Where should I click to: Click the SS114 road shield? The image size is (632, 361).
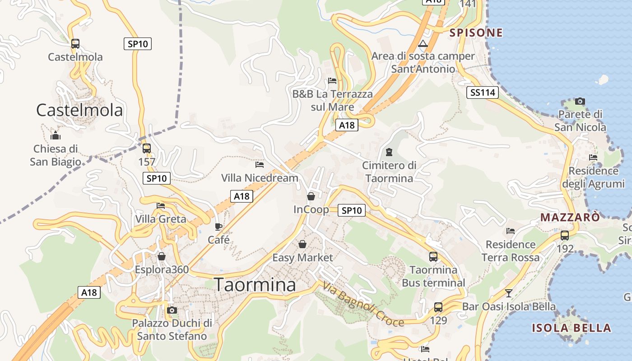point(483,93)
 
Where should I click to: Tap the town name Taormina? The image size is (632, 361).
point(255,285)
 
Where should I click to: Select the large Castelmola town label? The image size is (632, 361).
point(79,110)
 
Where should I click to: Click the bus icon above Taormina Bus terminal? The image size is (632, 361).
point(433,257)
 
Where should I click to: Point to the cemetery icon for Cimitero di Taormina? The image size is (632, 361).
point(389,152)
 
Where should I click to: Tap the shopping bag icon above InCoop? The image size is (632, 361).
point(311,196)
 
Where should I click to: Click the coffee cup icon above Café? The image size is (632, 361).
point(218,227)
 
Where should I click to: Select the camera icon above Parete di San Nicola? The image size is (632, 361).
point(580,101)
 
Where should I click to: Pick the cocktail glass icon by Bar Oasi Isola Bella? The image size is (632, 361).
point(509,293)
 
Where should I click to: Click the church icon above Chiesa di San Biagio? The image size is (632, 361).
point(56,135)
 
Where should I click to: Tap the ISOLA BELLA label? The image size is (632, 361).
point(571,328)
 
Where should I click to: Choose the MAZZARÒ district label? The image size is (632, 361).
point(570,217)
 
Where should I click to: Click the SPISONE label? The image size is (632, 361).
point(476,32)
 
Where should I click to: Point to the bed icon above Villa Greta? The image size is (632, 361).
point(161,206)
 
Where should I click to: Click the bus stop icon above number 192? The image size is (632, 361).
point(565,235)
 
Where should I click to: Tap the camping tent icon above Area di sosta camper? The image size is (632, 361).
point(423,44)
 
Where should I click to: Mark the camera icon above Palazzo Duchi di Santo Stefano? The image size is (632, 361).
point(172,310)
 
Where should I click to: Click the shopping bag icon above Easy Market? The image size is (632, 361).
point(302,244)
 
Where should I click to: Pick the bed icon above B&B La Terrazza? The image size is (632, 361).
point(332,81)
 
